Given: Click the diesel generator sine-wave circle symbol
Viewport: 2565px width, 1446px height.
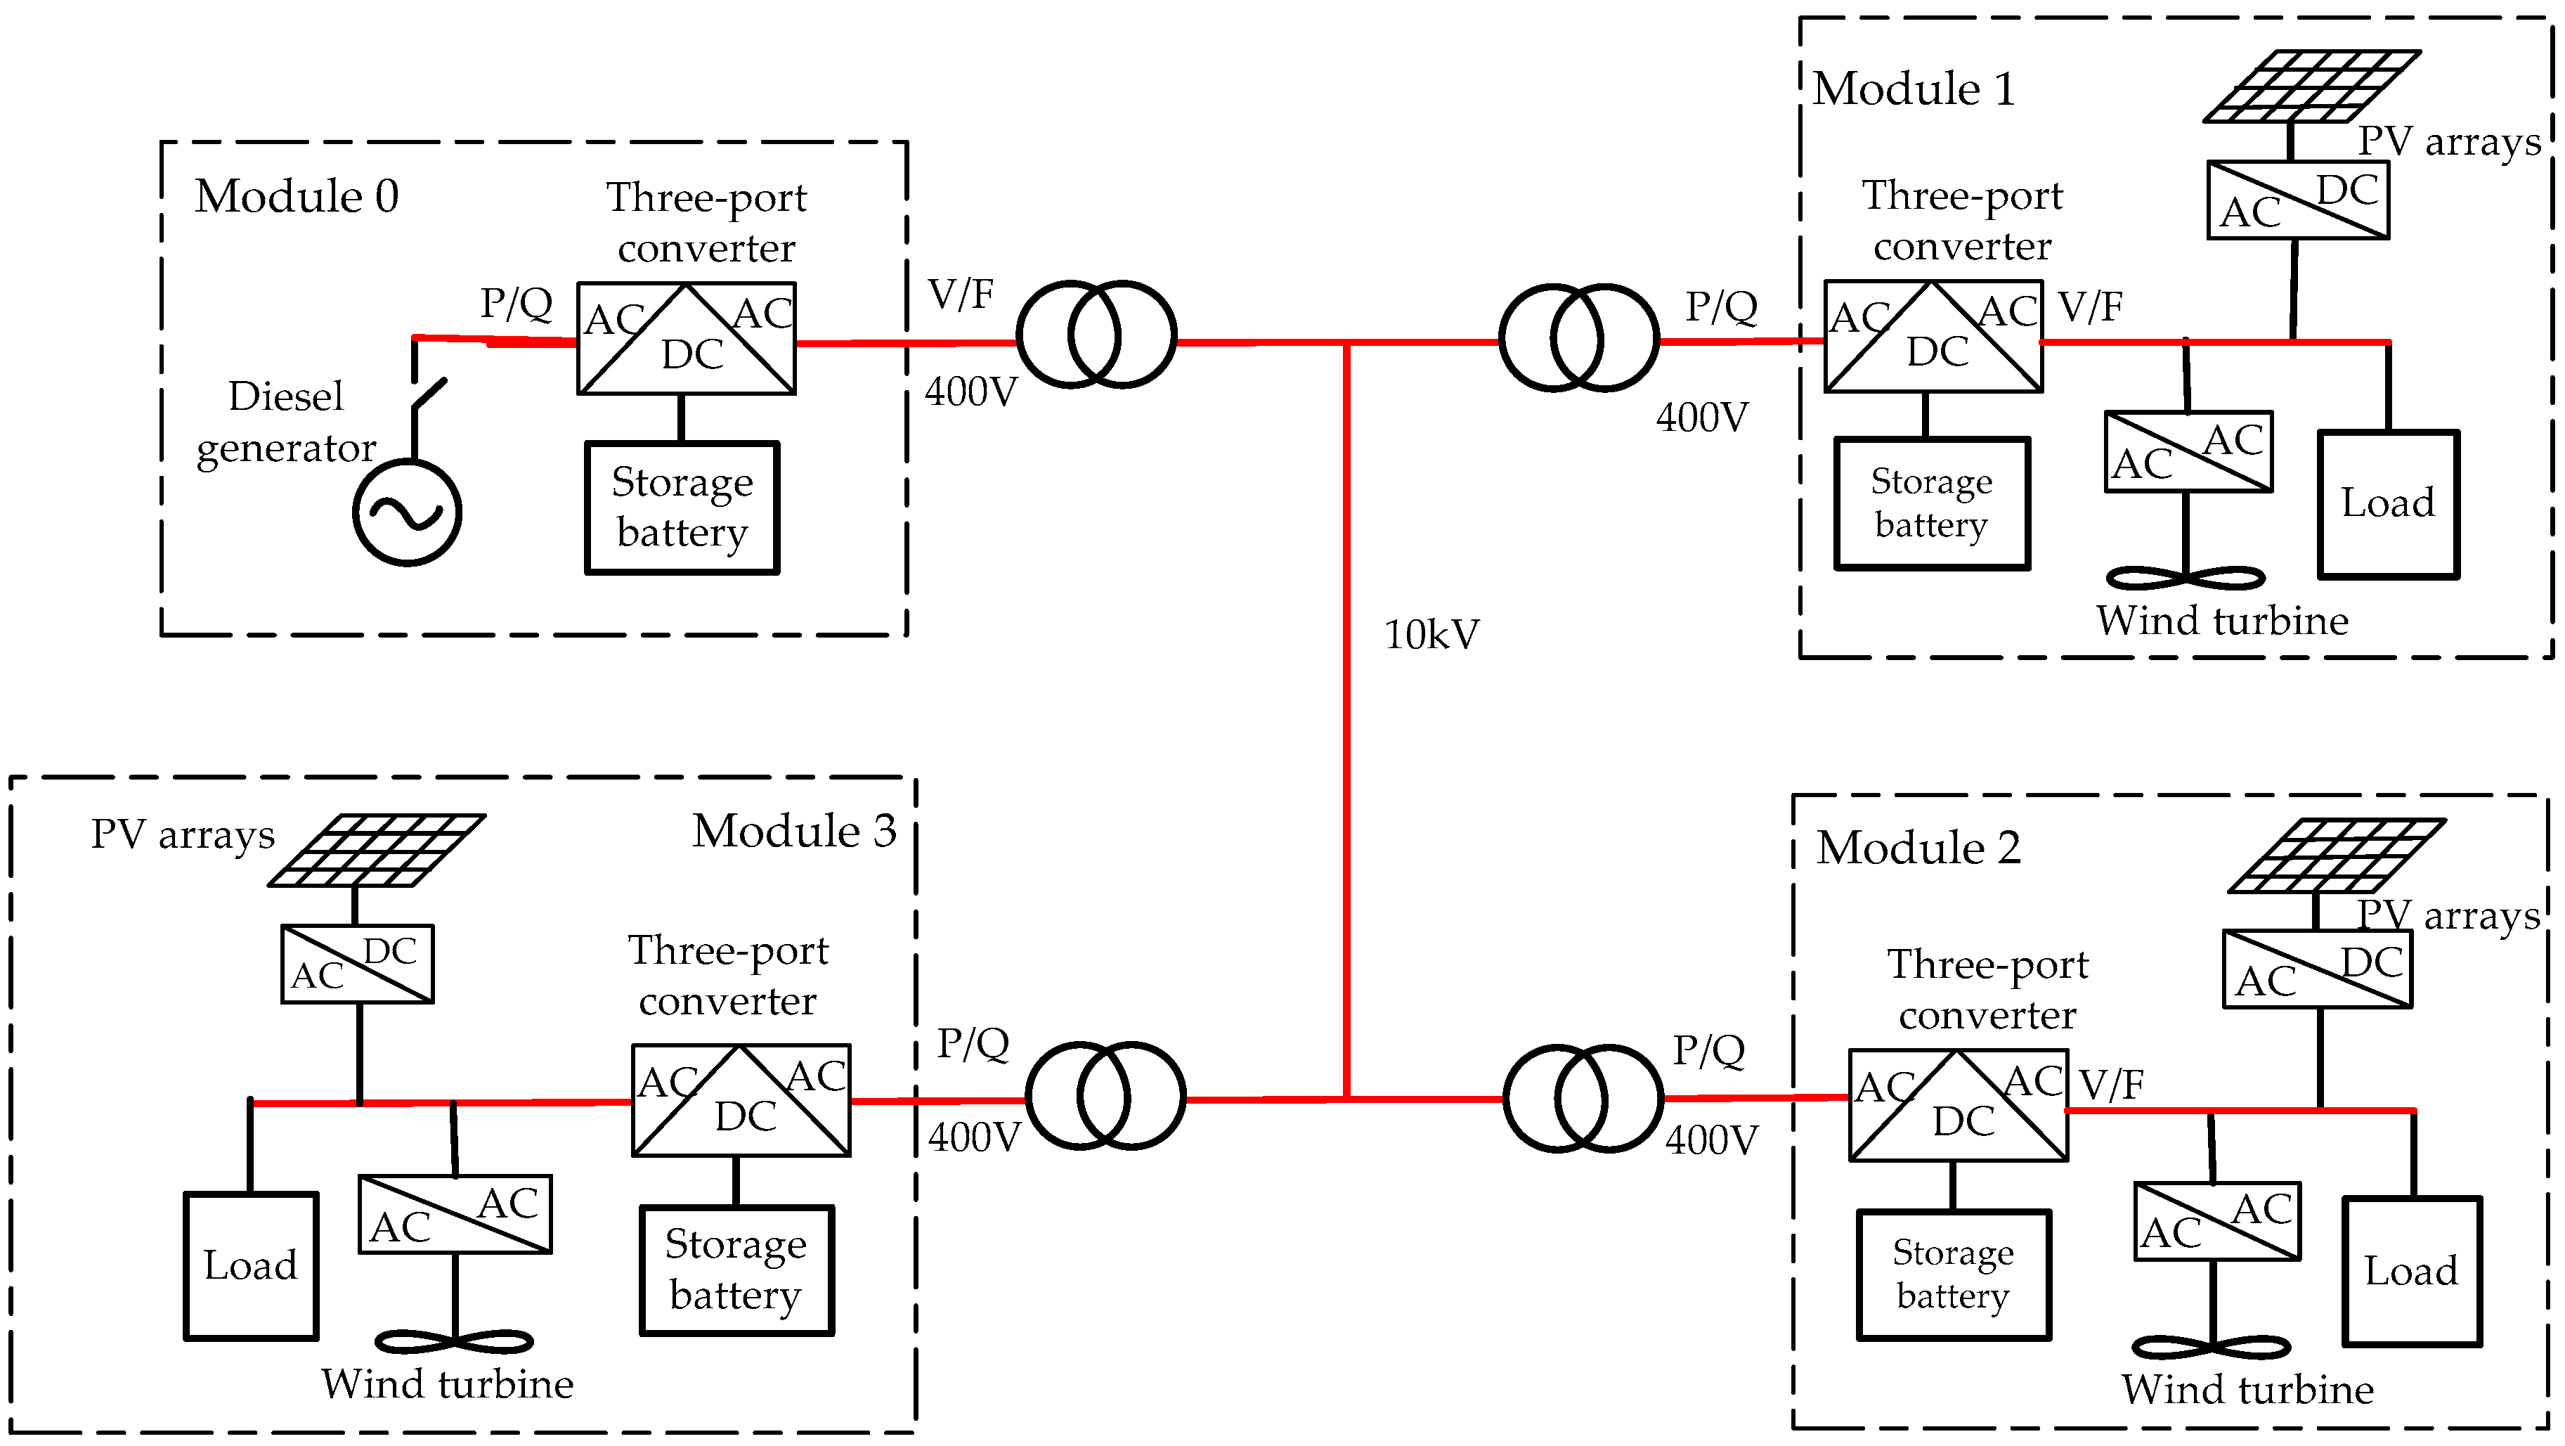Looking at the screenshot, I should point(408,512).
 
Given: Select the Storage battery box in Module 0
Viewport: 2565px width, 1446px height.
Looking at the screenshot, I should point(682,508).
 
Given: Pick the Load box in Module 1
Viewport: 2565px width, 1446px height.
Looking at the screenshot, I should point(2388,504).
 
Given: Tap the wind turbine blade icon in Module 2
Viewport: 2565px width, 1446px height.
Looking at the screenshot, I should point(2212,1348).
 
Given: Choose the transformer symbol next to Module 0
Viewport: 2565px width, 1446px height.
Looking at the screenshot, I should point(1096,335).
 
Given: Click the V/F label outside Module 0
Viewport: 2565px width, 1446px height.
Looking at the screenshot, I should point(961,295).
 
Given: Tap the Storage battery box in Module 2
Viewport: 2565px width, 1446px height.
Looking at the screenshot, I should point(1954,1274).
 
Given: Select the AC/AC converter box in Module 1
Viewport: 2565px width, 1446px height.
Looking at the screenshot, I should point(2188,451).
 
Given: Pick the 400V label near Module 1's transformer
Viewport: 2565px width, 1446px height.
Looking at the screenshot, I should point(1702,418).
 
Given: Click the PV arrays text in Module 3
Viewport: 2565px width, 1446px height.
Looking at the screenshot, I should point(183,834).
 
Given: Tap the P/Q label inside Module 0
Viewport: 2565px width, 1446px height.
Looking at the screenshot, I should point(516,303).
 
